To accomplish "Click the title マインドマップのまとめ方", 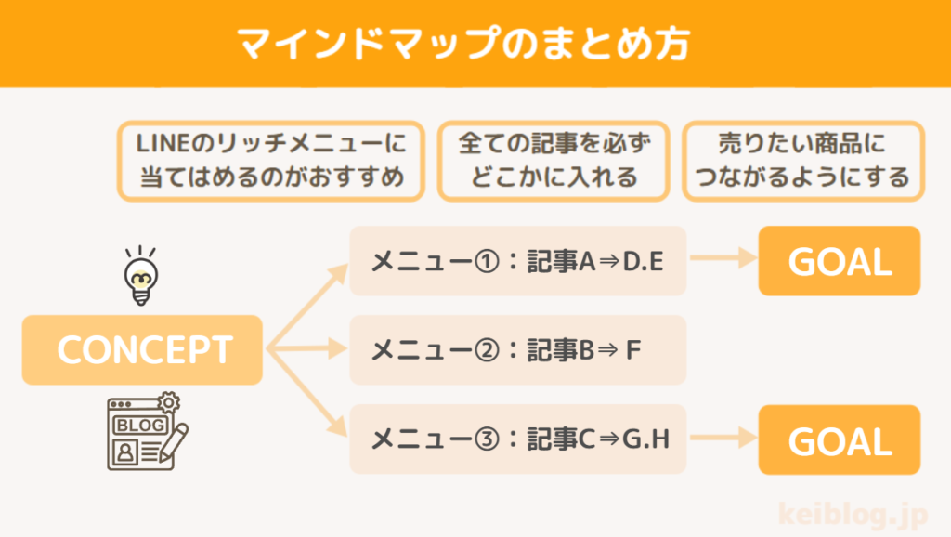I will click(475, 44).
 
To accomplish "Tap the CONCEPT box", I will click(143, 350).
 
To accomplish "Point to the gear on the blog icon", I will click(169, 402).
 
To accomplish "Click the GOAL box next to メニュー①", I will click(840, 261).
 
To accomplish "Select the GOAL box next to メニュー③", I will click(840, 440).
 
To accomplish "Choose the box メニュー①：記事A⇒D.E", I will click(517, 261).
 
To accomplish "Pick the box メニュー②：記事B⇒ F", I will click(517, 350).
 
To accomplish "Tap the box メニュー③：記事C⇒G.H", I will click(517, 439).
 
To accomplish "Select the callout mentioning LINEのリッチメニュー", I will click(270, 160).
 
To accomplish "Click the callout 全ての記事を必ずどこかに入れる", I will click(554, 160).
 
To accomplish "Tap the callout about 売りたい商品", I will click(802, 160).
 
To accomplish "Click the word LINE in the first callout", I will click(165, 144).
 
